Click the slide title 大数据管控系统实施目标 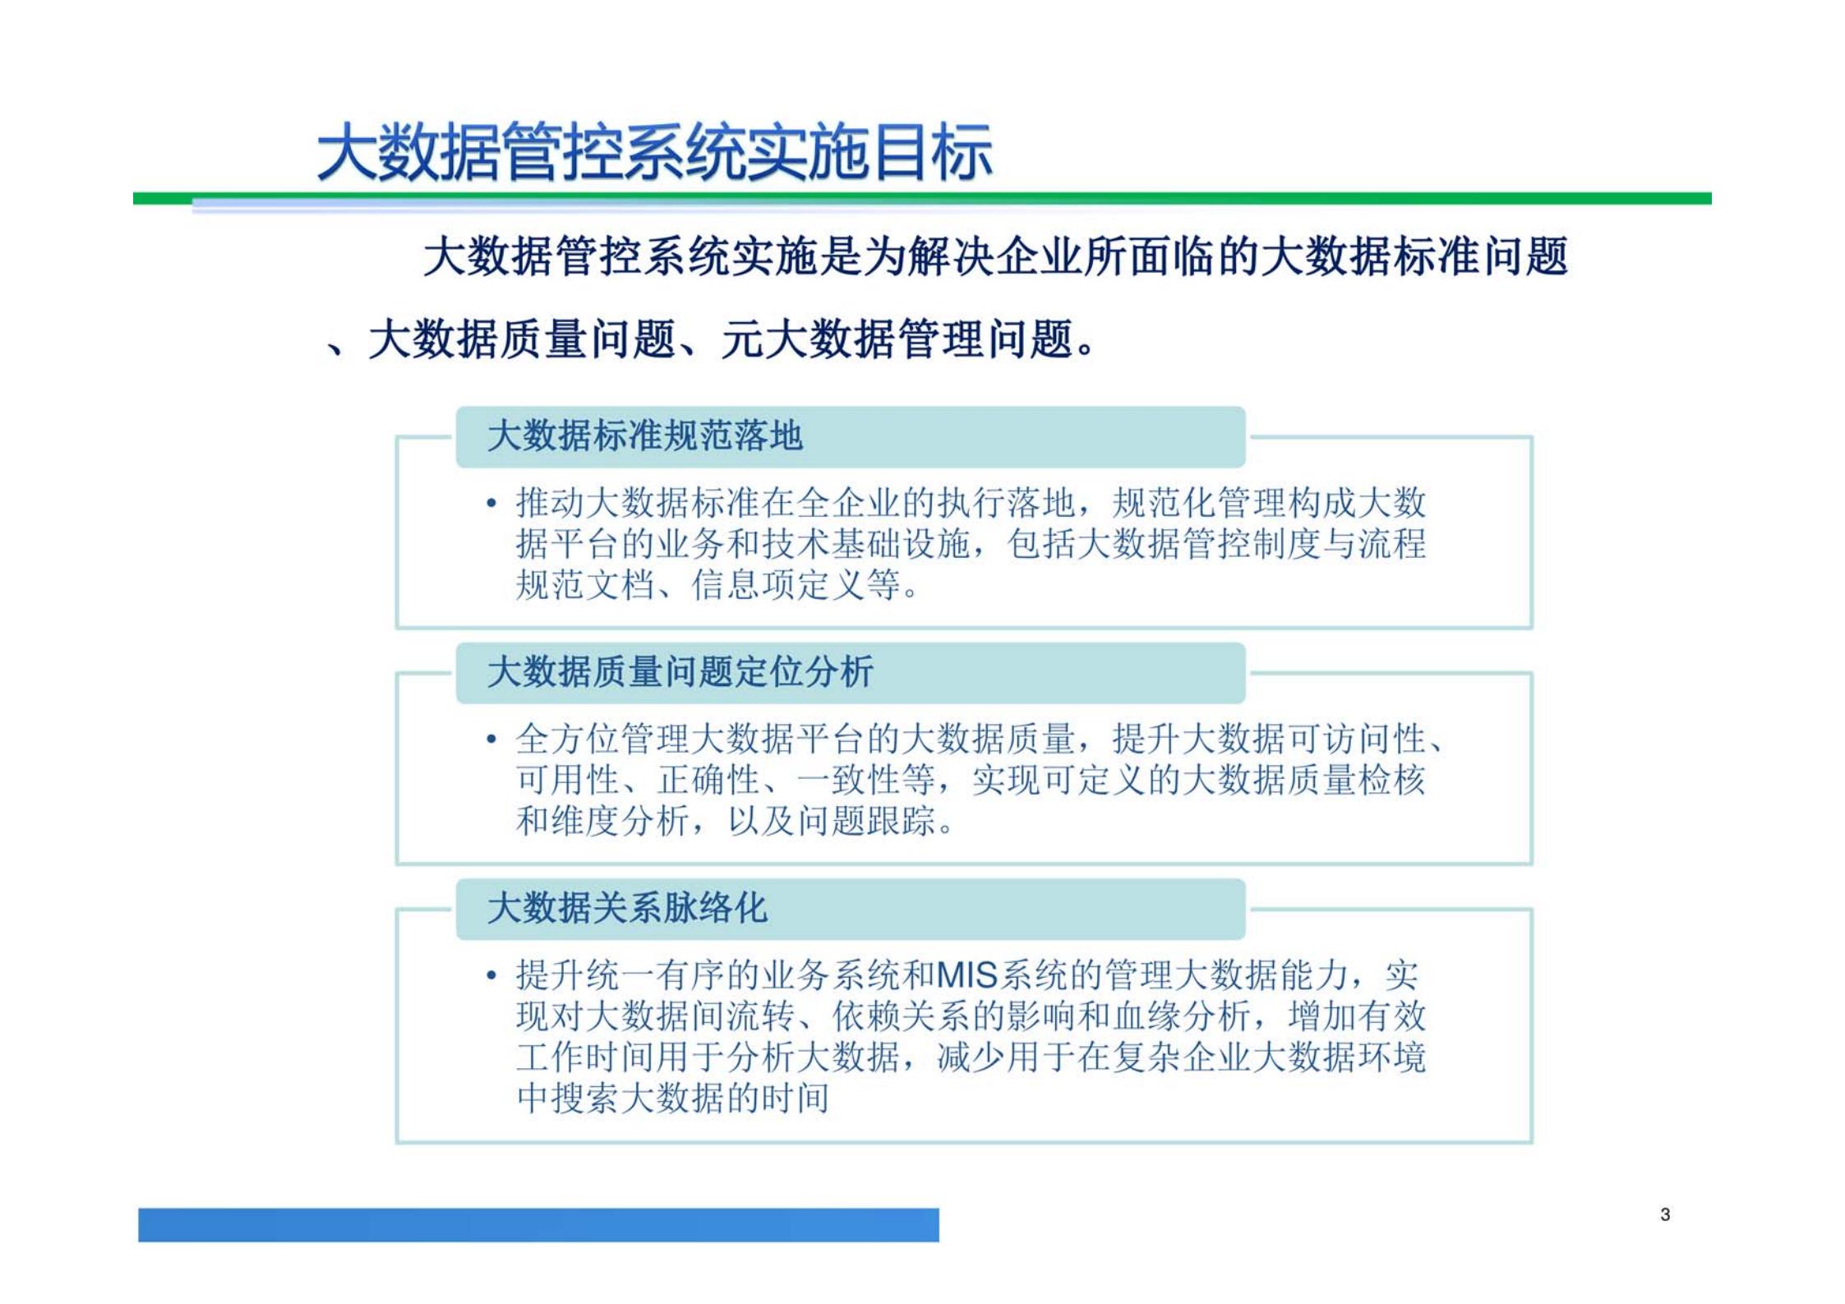(654, 153)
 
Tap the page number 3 (1665, 1214)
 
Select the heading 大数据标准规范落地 (644, 436)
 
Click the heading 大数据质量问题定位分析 (680, 673)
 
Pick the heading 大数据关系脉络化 (627, 909)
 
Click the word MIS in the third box (966, 976)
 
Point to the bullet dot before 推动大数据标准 (491, 503)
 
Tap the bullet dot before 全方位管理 (491, 740)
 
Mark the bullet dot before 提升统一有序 (491, 976)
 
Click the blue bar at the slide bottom (538, 1224)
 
